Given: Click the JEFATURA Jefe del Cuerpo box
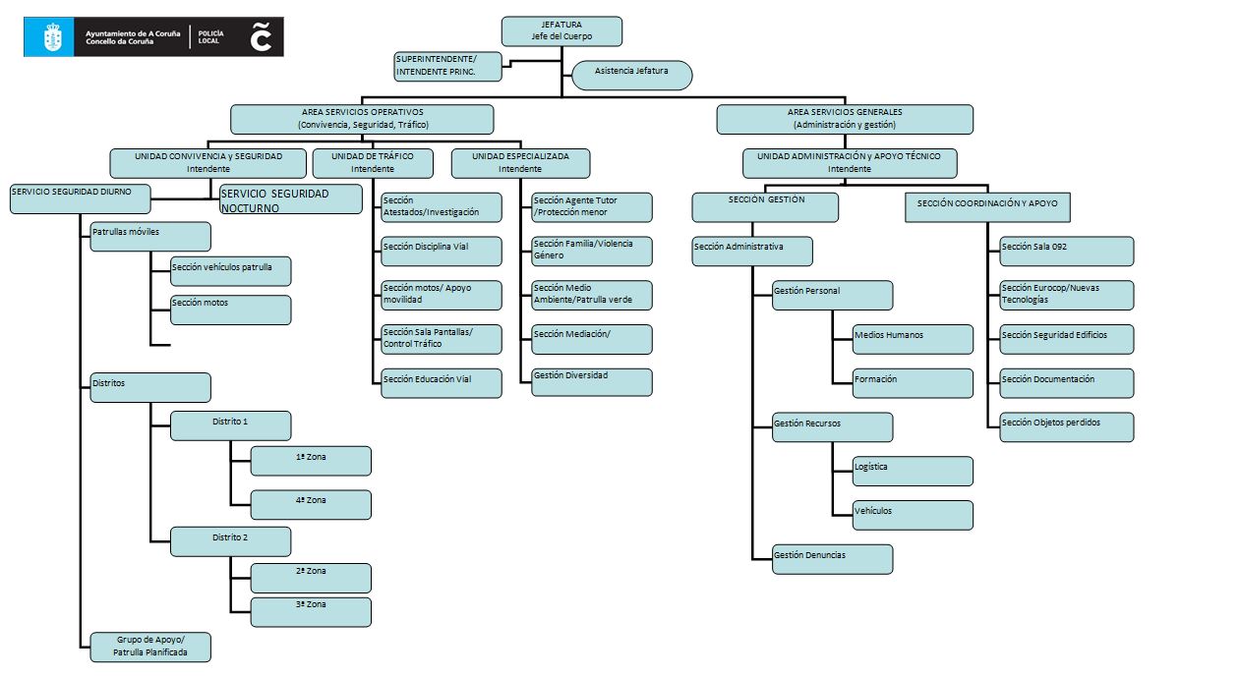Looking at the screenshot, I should point(561,30).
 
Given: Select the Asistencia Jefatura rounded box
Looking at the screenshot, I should point(632,76).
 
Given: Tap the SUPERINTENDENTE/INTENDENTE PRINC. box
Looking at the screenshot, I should point(447,66).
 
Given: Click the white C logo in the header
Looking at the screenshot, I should point(261,36).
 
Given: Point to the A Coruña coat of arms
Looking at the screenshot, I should point(52,37).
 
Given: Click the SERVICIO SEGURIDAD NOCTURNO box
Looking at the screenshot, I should point(290,199).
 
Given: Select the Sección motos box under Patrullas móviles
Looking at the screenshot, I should point(231,310).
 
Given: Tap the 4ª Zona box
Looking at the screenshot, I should point(311,504).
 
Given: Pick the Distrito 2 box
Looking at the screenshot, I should point(231,541).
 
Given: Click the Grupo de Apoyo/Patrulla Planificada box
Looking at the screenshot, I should point(150,646).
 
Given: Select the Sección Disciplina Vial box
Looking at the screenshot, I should point(442,251).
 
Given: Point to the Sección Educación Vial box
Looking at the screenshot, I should point(442,383).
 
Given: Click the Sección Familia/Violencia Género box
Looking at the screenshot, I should point(592,251).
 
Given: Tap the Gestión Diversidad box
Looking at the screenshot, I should point(592,381).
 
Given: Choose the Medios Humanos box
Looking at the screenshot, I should point(913,339).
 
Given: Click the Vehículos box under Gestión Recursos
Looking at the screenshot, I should point(913,515).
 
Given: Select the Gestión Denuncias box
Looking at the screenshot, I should point(832,559).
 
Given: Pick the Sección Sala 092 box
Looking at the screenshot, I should point(1066,251).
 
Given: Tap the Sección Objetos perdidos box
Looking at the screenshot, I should point(1066,426).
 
